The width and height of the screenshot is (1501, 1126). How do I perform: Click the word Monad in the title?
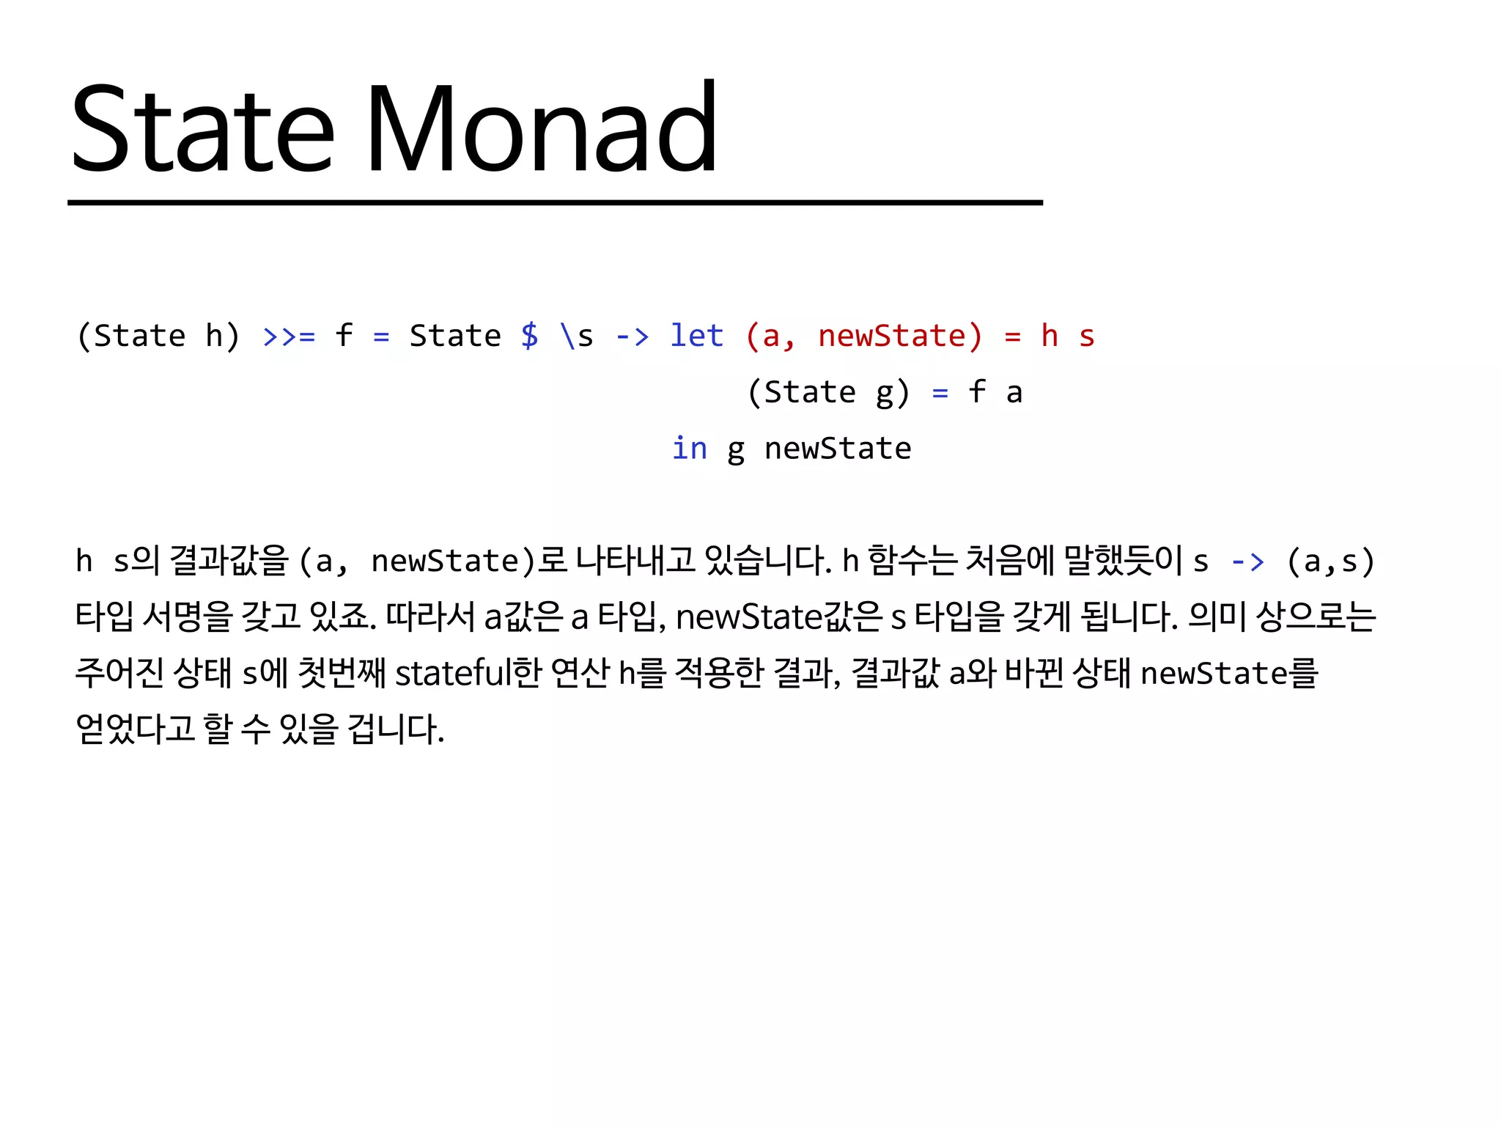coord(541,129)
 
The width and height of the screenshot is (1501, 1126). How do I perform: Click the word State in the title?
coord(203,129)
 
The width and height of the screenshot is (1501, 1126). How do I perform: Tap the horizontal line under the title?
coord(555,202)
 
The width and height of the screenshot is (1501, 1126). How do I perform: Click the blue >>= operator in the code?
coord(289,336)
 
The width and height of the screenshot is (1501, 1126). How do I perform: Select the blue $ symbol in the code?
coord(529,336)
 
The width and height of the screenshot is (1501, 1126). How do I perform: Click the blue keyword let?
coord(696,336)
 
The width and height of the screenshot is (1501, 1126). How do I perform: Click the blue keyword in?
coord(690,448)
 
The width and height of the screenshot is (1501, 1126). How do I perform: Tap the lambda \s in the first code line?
coord(576,336)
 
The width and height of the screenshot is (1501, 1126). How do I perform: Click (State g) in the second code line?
coord(828,392)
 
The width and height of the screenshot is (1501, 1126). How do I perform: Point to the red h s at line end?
coord(1068,336)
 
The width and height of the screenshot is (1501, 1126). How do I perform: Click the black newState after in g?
coord(838,449)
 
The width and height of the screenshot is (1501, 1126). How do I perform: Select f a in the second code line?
coord(995,392)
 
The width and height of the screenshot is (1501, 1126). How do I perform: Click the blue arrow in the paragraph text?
coord(1247,562)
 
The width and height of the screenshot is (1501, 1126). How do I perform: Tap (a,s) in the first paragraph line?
coord(1330,562)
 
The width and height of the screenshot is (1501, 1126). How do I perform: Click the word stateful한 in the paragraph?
coord(468,673)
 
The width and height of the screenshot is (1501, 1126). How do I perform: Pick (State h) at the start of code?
coord(158,336)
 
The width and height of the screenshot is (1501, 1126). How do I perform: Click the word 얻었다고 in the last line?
coord(135,729)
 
